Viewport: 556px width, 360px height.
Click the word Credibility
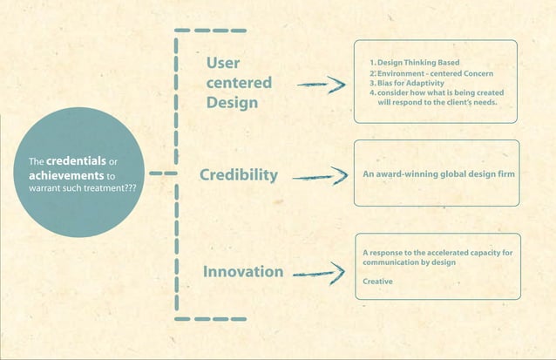(238, 176)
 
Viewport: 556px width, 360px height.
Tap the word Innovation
(242, 272)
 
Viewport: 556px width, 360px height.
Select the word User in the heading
(223, 64)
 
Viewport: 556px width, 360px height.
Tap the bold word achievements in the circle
(60, 175)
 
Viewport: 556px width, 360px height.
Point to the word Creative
(377, 282)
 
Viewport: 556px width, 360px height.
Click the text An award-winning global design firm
(438, 174)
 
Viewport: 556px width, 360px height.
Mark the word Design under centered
(232, 102)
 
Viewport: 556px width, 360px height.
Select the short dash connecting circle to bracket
(156, 173)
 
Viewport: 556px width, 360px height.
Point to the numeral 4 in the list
(372, 92)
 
